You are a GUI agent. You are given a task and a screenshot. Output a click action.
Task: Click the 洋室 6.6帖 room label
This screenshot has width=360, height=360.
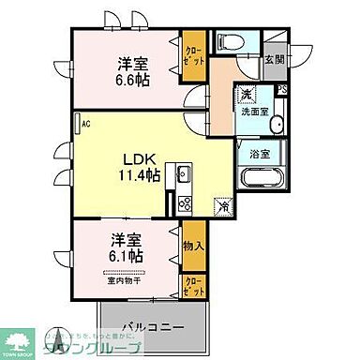(130, 70)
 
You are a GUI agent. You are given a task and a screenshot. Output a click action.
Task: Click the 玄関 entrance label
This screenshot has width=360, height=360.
(273, 59)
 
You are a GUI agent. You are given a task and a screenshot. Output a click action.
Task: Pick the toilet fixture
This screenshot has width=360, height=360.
(230, 42)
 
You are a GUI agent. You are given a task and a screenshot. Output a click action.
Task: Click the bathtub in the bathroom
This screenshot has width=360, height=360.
(262, 180)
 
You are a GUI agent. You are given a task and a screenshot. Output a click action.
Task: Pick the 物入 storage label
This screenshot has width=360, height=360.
(192, 245)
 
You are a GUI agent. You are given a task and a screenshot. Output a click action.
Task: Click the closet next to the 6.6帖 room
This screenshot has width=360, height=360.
(193, 53)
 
